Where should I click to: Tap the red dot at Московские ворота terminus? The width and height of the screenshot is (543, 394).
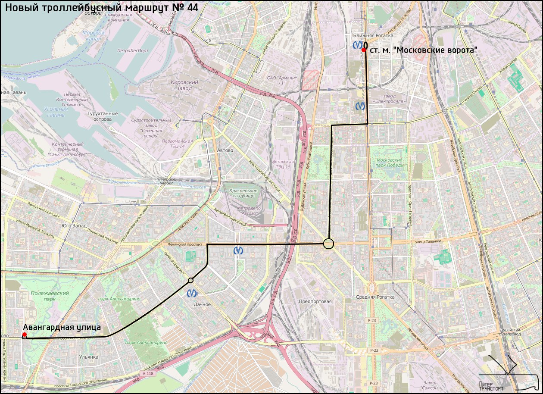364,50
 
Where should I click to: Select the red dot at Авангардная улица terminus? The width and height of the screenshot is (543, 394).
25,335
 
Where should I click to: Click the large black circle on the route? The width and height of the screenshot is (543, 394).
329,244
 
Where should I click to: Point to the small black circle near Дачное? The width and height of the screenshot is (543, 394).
190,281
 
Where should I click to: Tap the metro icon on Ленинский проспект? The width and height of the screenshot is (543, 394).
237,250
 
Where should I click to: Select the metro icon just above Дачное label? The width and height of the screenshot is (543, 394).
193,294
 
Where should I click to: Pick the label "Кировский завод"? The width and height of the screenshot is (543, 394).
184,85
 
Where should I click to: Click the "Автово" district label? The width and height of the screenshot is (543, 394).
225,150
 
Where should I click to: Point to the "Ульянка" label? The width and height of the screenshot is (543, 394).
89,357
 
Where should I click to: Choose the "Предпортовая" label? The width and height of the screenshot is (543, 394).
315,301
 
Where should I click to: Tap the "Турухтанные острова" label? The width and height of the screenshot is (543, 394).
102,116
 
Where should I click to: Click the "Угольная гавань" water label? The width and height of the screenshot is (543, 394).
55,112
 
